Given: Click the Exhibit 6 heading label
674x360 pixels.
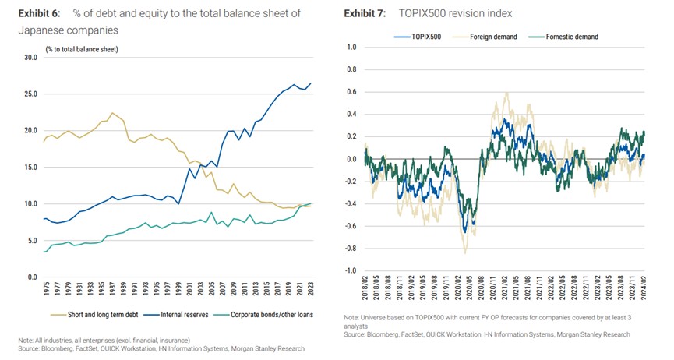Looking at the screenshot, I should (x=39, y=13).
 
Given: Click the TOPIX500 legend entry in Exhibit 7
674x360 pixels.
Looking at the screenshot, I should (x=422, y=36).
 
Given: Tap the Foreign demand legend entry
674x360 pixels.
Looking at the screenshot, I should (x=490, y=36).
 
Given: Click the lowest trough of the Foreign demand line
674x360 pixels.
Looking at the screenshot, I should (x=465, y=252).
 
